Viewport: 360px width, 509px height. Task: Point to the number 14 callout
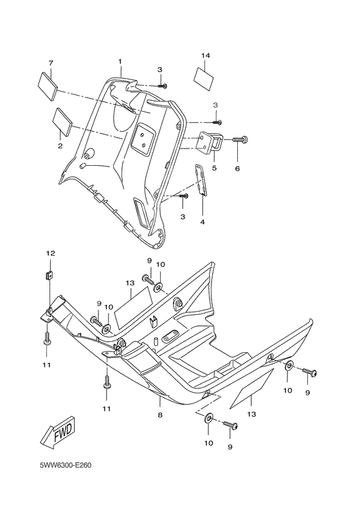pos(205,56)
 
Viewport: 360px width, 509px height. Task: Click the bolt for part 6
pos(240,139)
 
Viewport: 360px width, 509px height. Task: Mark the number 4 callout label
pos(202,222)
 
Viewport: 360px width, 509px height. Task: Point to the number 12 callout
pos(47,253)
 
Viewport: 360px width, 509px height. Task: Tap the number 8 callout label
pos(159,415)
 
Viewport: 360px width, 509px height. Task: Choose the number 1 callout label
pos(120,61)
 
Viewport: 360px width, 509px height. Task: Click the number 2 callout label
pos(60,146)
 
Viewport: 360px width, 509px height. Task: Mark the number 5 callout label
pos(214,168)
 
